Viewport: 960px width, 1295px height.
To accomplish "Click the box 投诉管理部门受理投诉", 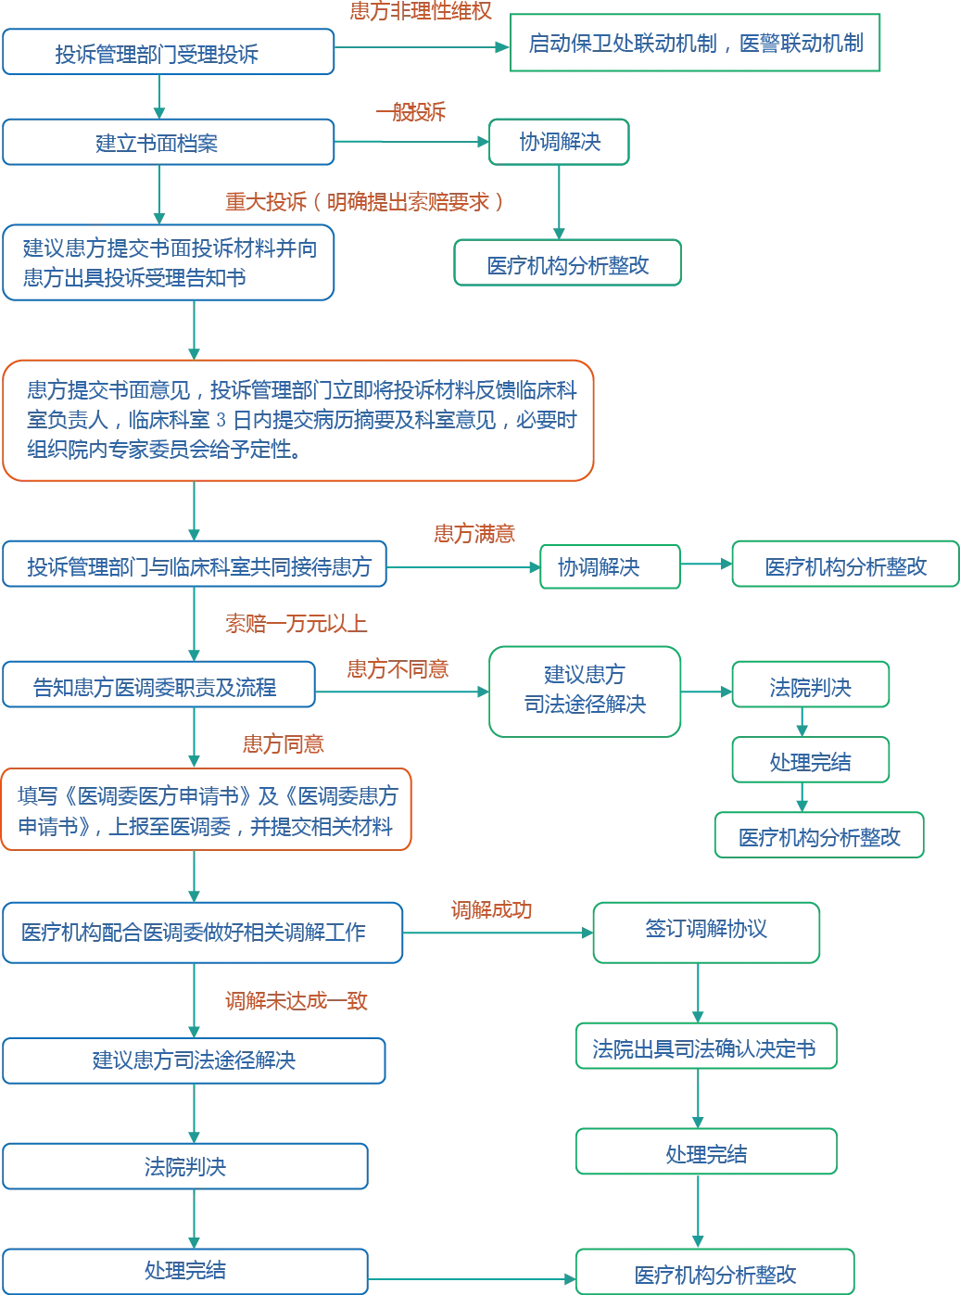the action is [x=168, y=52].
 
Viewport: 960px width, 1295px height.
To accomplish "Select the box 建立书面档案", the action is [x=168, y=143].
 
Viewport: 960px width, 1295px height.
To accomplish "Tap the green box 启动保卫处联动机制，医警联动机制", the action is [x=694, y=43].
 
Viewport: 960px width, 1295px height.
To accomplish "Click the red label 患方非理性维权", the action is [x=421, y=10].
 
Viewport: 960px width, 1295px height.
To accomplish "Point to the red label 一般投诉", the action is [x=411, y=111].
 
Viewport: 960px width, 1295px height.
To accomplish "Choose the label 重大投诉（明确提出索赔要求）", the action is [x=365, y=202].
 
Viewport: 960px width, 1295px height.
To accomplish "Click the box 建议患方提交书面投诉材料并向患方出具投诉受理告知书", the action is [x=168, y=262].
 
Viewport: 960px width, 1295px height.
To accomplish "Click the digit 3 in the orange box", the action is [x=221, y=420].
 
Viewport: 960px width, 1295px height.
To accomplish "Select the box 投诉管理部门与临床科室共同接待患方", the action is [x=195, y=564].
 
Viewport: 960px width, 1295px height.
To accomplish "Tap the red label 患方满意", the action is [x=474, y=534].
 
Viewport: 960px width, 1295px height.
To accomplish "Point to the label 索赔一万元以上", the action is [x=297, y=624].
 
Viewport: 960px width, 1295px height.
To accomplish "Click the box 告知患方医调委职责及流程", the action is [x=158, y=684].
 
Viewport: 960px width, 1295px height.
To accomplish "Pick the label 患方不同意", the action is [x=398, y=668].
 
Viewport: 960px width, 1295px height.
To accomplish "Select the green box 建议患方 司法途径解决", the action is [x=585, y=692].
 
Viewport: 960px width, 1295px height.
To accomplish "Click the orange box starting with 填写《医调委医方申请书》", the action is [x=206, y=809].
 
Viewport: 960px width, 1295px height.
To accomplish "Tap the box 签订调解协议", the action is [x=706, y=933].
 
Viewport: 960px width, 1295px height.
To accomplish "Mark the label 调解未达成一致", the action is [x=297, y=1001].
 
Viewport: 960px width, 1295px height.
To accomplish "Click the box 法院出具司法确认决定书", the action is [x=706, y=1046].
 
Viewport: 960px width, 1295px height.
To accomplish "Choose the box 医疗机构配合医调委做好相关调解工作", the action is [x=203, y=933].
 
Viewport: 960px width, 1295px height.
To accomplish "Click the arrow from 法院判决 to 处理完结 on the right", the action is [x=802, y=722].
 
